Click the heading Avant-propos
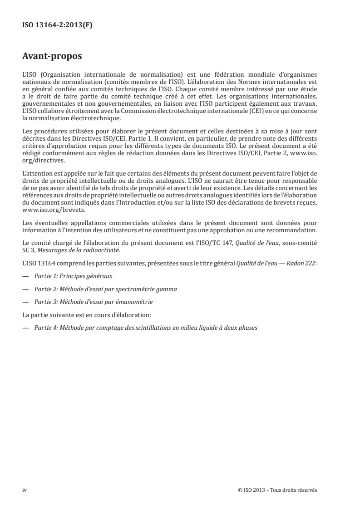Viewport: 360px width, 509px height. pyautogui.click(x=52, y=57)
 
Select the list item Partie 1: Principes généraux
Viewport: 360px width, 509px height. pyautogui.click(x=73, y=275)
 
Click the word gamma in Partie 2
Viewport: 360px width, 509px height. pyautogui.click(x=166, y=289)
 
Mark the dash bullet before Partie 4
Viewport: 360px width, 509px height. pyautogui.click(x=25, y=327)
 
